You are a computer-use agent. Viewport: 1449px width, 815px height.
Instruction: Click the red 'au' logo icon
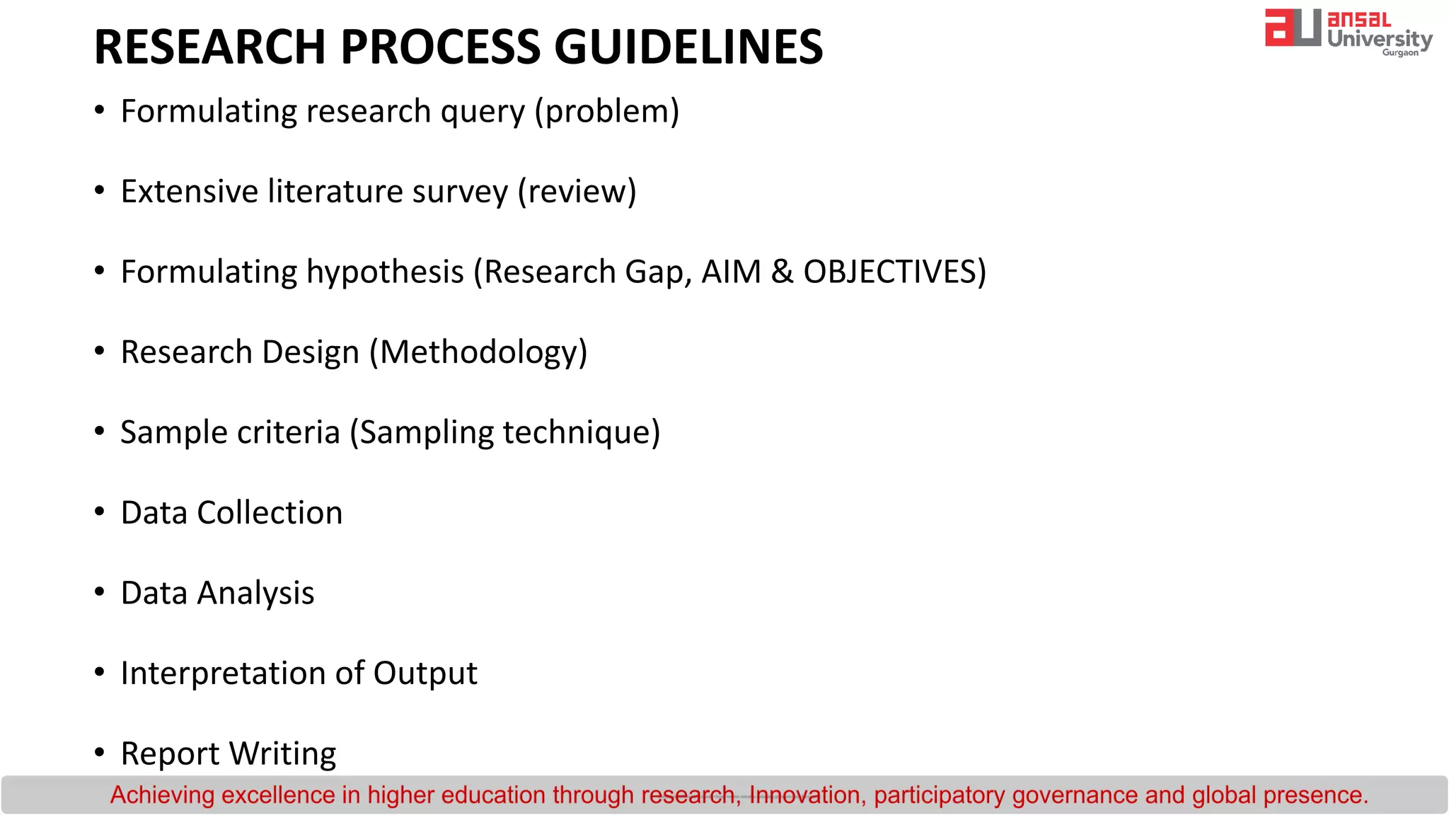(x=1292, y=28)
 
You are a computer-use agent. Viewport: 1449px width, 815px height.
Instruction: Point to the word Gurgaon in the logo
(x=1399, y=53)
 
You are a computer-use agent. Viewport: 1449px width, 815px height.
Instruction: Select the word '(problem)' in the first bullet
(x=607, y=112)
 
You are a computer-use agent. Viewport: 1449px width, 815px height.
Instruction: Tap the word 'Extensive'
(x=190, y=191)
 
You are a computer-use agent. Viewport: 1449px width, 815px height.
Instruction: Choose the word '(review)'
(x=577, y=192)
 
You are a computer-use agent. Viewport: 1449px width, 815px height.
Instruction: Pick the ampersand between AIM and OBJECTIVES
(x=782, y=272)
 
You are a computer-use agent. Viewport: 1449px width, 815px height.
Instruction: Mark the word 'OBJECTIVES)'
(x=894, y=272)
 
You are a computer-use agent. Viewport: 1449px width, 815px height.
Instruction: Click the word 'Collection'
(x=270, y=513)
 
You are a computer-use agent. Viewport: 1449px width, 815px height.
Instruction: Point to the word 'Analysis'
(x=255, y=594)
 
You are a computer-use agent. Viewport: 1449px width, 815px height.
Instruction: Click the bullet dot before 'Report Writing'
(x=100, y=752)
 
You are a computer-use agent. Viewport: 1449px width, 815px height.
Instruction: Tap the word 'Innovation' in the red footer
(x=804, y=795)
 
